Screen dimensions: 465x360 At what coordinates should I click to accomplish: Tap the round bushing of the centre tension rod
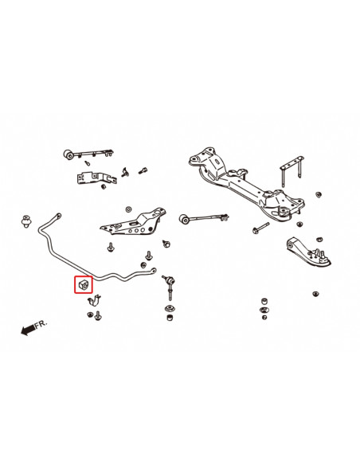point(184,216)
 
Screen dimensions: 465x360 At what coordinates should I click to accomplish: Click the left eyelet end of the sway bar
point(57,216)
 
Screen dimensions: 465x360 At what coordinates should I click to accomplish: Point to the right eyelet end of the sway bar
point(152,271)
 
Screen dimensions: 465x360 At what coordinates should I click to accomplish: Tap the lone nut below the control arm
point(316,297)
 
